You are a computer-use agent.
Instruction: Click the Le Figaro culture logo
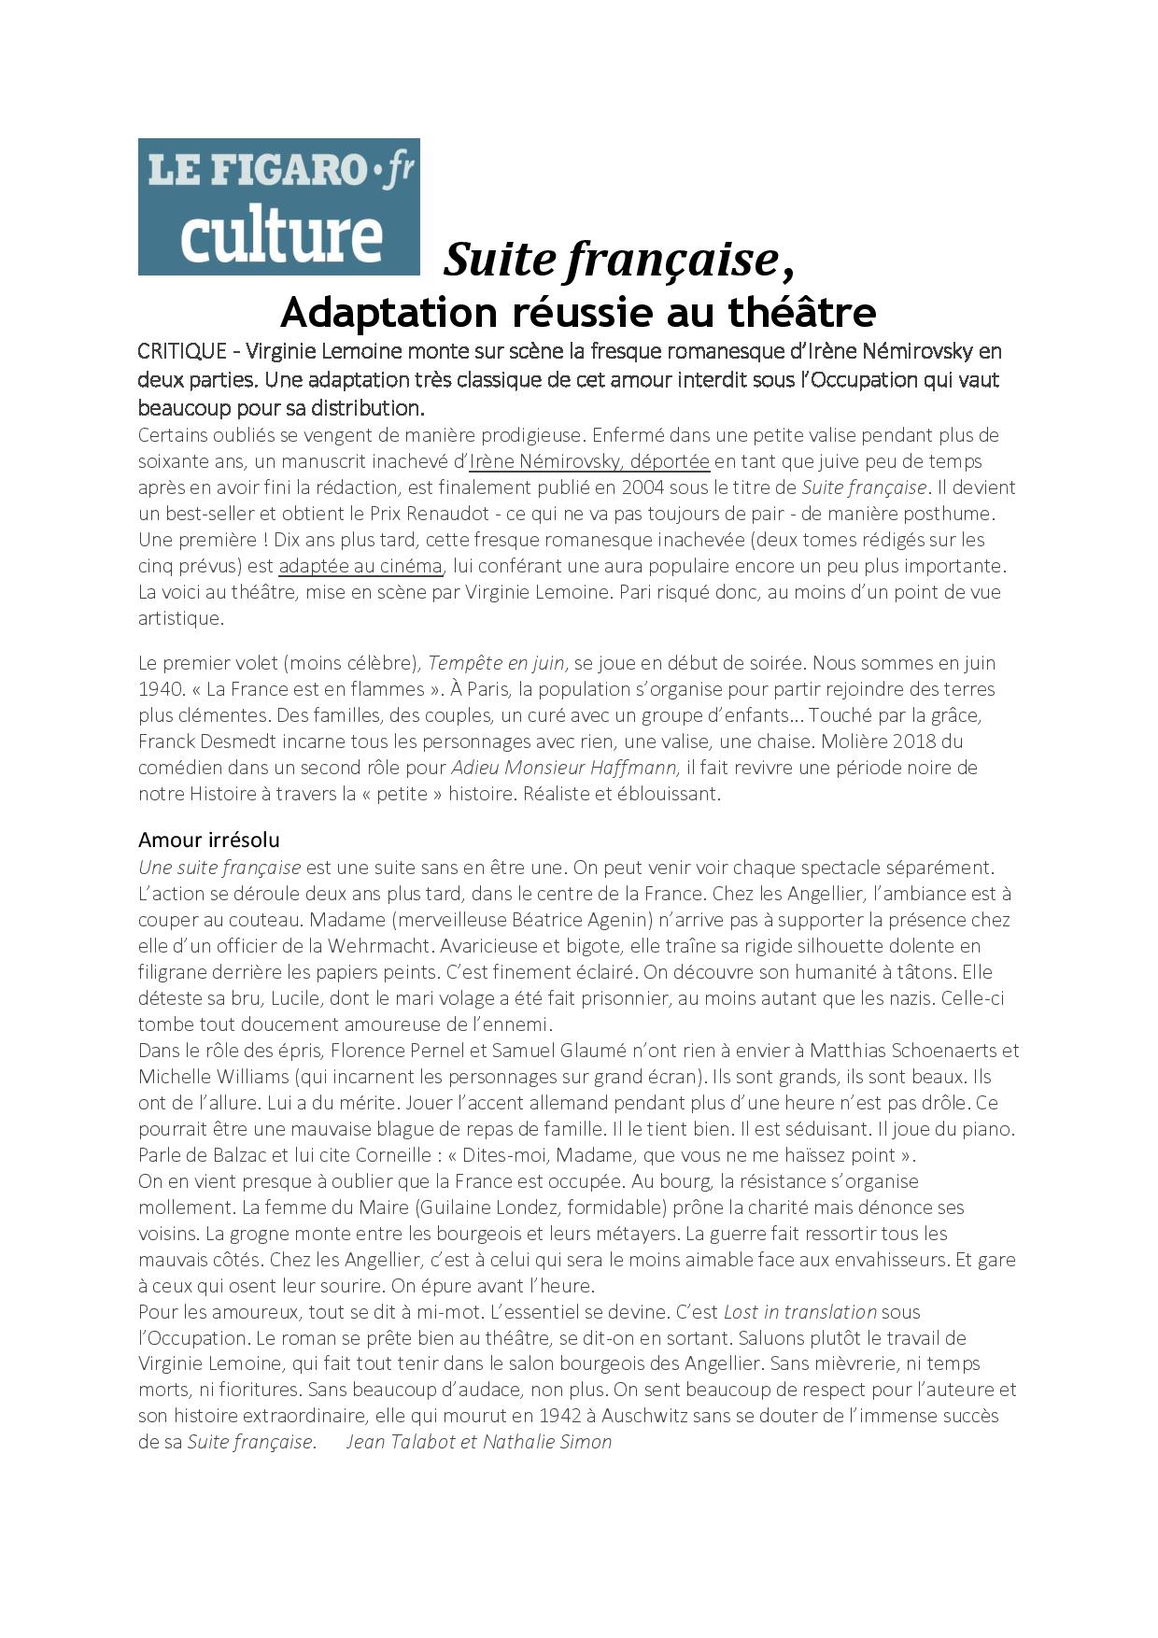point(278,206)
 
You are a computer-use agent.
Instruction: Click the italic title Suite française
point(611,259)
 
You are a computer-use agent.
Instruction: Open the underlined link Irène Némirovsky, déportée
point(589,461)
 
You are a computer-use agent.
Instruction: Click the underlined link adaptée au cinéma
point(360,566)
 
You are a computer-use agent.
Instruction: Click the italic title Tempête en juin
point(497,663)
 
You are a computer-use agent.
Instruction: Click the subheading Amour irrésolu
point(209,839)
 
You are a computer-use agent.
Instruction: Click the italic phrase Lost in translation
point(800,1312)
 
